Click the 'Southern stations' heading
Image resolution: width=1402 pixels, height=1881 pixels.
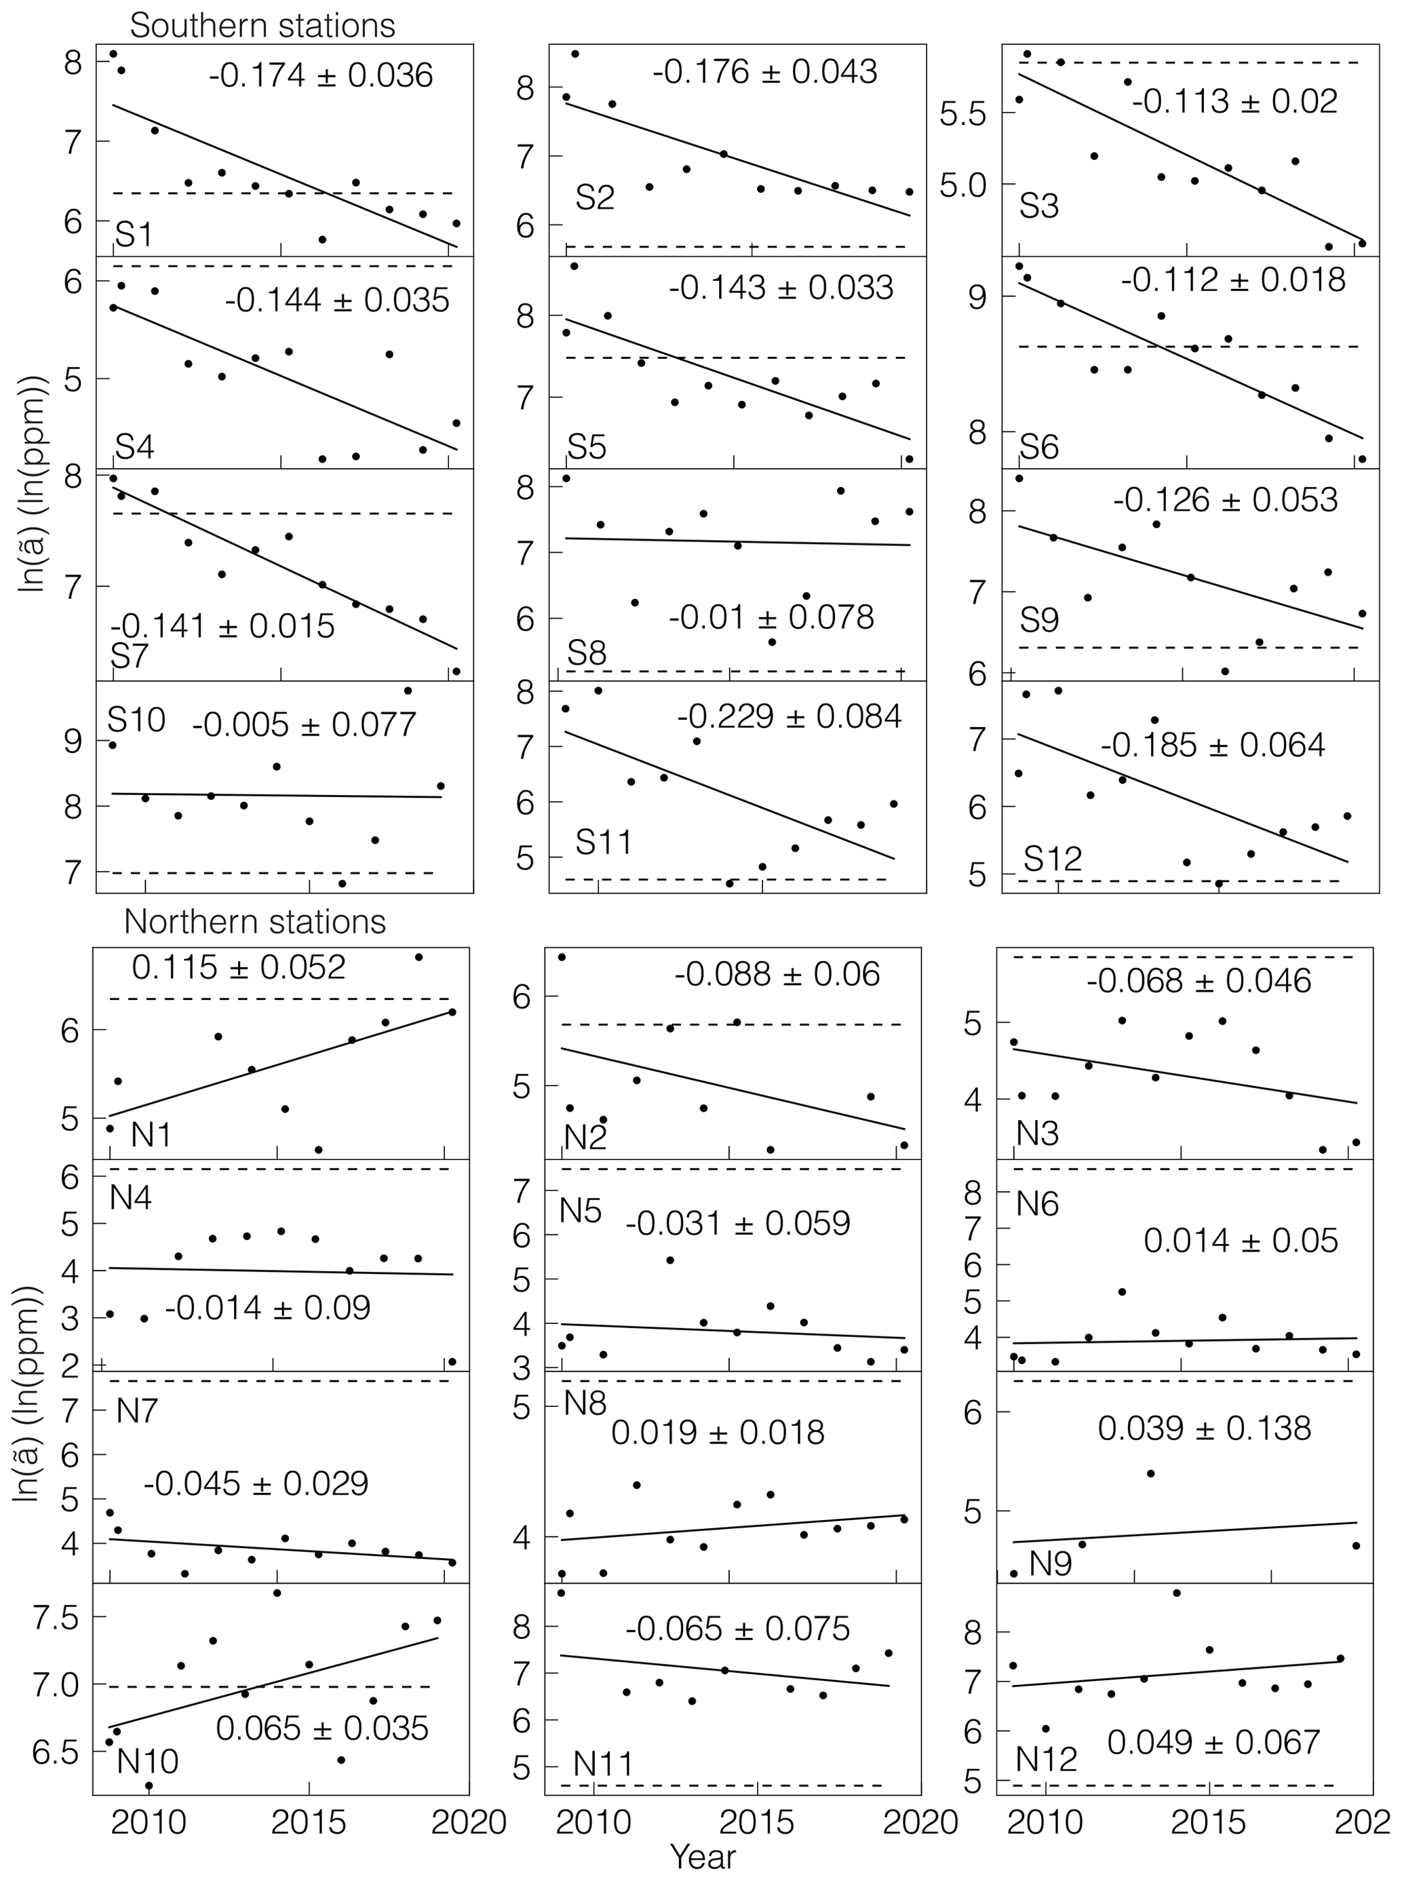(262, 26)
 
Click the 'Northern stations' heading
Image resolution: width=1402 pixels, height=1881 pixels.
(254, 922)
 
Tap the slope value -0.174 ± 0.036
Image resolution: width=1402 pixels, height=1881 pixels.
(321, 75)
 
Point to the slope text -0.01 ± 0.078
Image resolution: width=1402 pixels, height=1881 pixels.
(771, 617)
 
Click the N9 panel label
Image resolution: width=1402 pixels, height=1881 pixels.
(1050, 1563)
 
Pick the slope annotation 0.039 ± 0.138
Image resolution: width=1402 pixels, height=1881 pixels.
(1204, 1428)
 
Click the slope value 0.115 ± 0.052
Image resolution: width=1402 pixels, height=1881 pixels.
(239, 967)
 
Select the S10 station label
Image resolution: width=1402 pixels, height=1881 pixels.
(136, 720)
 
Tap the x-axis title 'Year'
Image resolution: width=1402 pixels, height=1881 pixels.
(703, 1857)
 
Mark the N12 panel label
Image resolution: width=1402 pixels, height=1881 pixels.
(1047, 1759)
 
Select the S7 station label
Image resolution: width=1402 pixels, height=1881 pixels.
(130, 656)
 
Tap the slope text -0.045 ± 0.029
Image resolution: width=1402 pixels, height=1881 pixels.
(256, 1484)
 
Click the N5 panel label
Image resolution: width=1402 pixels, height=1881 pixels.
(581, 1210)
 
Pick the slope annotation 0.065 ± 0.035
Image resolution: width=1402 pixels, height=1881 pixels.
(322, 1728)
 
